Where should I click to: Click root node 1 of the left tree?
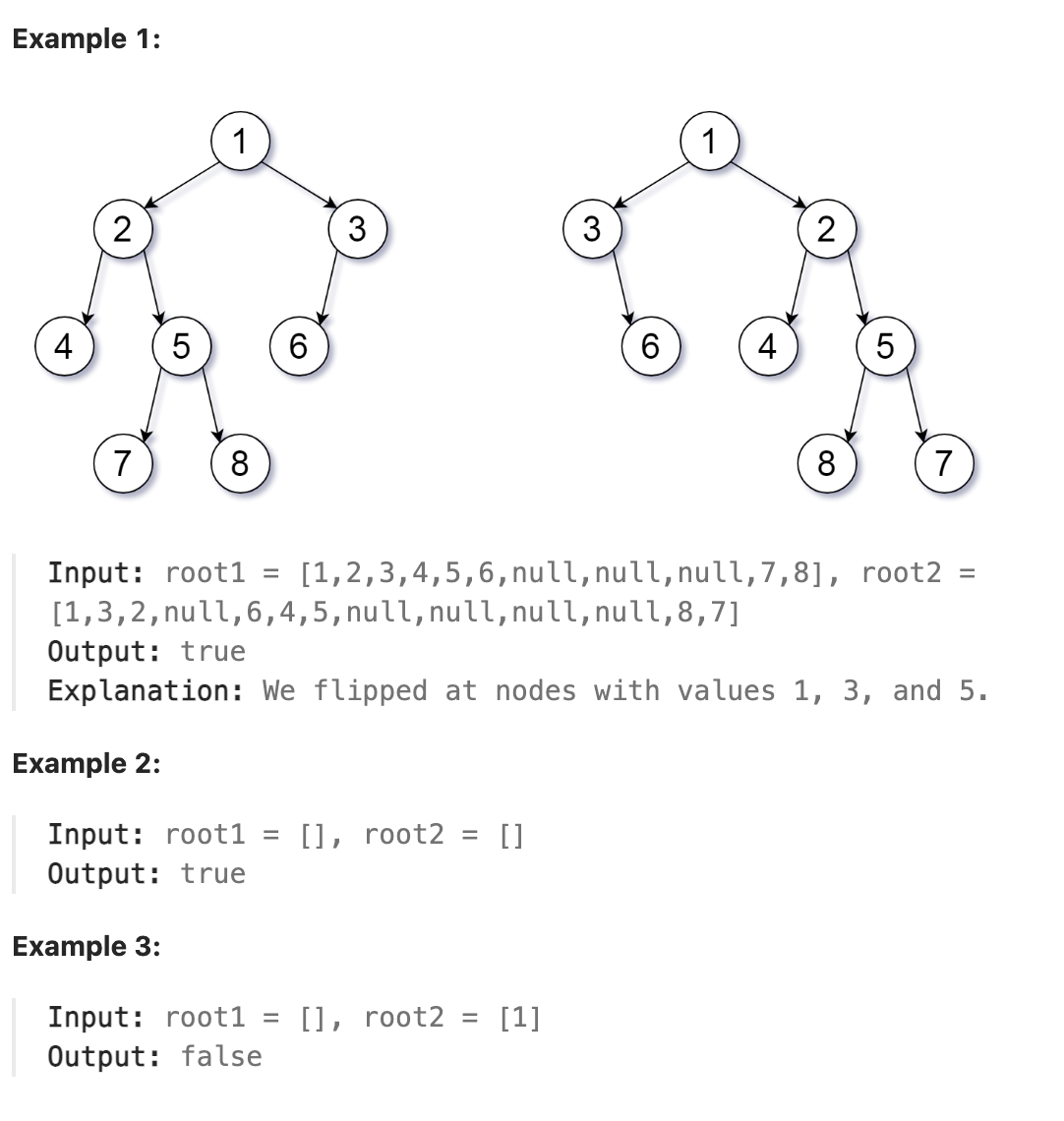[240, 142]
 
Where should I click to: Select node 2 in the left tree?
[122, 229]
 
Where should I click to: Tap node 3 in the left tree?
[357, 229]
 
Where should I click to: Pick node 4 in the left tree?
[64, 346]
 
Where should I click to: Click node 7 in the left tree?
[122, 462]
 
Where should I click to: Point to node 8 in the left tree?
[240, 462]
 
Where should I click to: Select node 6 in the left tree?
[298, 346]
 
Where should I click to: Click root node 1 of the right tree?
[709, 142]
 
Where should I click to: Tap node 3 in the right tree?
[592, 229]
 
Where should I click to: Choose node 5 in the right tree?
[885, 346]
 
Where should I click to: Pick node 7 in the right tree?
[943, 462]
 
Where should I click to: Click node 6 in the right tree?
[650, 346]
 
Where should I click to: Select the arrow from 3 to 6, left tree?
[329, 287]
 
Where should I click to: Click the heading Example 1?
[86, 40]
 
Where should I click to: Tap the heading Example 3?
[87, 946]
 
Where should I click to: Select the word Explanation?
[146, 691]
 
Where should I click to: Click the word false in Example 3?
[221, 1057]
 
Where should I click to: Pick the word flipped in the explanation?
[371, 691]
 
